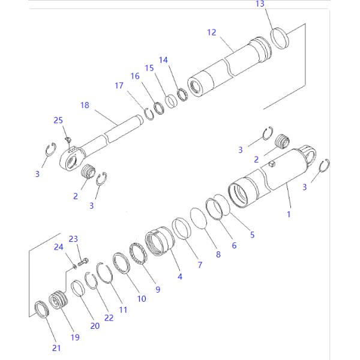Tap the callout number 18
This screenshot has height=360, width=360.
pyautogui.click(x=85, y=105)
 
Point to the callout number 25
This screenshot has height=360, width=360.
pyautogui.click(x=58, y=121)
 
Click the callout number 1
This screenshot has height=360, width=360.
pyautogui.click(x=289, y=214)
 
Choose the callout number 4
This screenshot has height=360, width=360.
pyautogui.click(x=179, y=278)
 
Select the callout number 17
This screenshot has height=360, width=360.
pyautogui.click(x=119, y=86)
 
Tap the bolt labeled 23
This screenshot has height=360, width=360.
pyautogui.click(x=84, y=260)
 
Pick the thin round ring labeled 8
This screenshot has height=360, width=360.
pyautogui.click(x=198, y=217)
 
